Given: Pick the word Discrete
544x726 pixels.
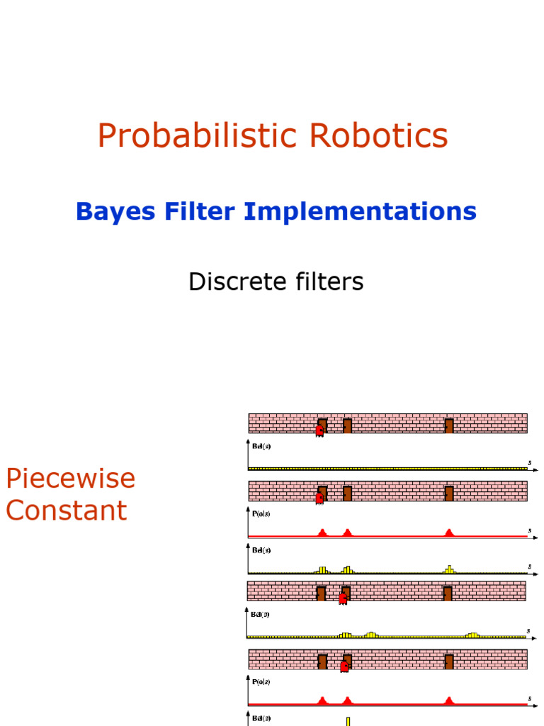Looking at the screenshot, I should pos(231,282).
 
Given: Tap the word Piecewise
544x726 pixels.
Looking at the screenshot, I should pos(70,479).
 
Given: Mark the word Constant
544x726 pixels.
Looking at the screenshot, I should pos(66,510).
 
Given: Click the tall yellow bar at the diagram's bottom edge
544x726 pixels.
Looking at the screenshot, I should pos(348,721).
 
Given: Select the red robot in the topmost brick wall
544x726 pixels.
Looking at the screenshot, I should pos(319,430).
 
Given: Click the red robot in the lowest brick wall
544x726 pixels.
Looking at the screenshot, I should pos(344,666).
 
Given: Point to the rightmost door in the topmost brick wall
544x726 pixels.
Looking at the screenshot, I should pos(448,425).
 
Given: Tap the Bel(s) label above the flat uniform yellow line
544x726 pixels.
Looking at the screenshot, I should pos(261,447).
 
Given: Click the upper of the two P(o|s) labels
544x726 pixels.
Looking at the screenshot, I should pos(261,515).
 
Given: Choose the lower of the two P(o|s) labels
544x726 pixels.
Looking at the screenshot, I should pos(261,681).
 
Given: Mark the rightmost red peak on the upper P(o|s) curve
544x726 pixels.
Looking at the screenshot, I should pos(448,532).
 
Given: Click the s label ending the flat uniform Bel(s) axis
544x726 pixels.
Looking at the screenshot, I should pos(529,463).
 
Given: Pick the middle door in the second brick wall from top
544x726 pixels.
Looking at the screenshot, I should pos(347,493).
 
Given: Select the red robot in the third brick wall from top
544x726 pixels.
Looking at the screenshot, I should pos(343,598).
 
